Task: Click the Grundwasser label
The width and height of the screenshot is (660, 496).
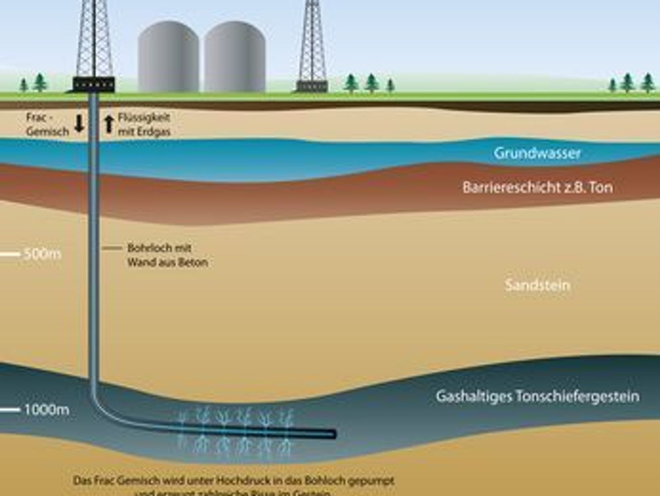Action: (537, 153)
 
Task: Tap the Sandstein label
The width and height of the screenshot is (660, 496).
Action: (537, 285)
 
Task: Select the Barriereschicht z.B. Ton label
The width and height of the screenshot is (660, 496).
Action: (537, 188)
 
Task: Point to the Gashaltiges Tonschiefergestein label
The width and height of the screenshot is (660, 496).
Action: (537, 396)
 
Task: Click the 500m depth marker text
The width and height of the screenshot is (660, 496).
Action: (42, 254)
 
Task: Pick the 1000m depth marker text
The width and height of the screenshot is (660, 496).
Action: (46, 410)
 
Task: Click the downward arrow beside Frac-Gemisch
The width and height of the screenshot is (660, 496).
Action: (79, 124)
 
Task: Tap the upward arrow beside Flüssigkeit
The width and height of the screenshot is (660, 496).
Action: (109, 124)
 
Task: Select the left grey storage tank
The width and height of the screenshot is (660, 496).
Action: (168, 57)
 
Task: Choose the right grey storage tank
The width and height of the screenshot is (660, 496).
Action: (234, 57)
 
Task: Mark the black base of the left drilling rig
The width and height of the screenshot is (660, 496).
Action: (94, 84)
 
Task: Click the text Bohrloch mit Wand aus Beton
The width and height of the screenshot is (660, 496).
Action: (167, 255)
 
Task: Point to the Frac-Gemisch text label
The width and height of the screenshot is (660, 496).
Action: (47, 124)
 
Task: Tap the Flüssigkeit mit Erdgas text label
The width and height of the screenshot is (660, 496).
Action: (144, 124)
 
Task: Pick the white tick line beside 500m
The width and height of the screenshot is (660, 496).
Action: (10, 254)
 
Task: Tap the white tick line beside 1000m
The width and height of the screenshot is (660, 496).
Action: (10, 410)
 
